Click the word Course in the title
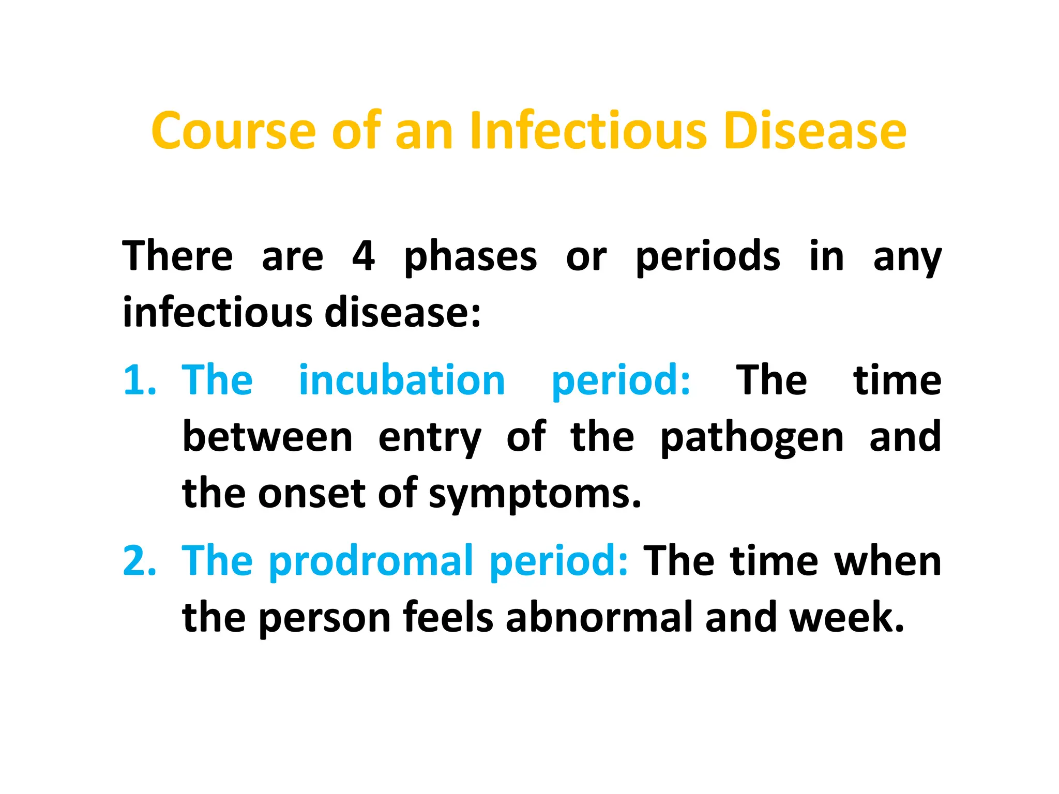click(233, 131)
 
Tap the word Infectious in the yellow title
click(587, 131)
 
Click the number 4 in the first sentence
click(364, 256)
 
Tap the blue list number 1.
click(139, 380)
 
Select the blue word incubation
click(402, 380)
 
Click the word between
click(267, 437)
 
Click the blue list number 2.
click(139, 561)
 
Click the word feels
click(448, 617)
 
